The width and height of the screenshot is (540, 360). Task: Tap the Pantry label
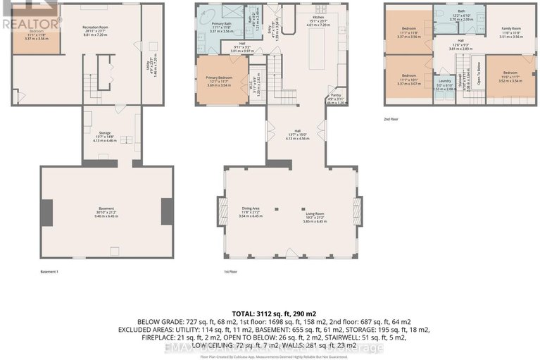coord(334,99)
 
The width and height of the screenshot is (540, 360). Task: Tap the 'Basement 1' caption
coord(50,271)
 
